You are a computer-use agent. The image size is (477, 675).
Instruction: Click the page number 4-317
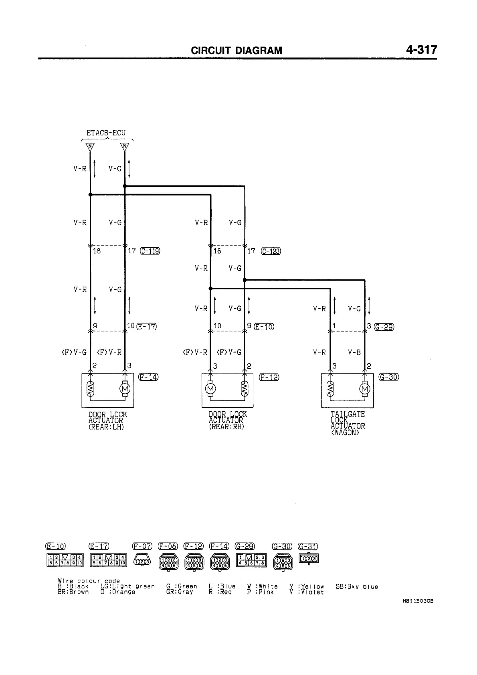(422, 50)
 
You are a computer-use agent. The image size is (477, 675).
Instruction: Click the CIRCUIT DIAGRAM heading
(236, 51)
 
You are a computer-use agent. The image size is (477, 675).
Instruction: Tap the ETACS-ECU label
(106, 133)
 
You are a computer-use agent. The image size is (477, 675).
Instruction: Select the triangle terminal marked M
(90, 147)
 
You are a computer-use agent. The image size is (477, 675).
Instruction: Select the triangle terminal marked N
(125, 147)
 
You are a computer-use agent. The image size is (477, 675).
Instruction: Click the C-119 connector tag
(150, 251)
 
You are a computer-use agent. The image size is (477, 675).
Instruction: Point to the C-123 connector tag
(271, 251)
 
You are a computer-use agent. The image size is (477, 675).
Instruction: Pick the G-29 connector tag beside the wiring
(384, 327)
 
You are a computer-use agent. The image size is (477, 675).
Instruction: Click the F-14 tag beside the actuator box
(148, 377)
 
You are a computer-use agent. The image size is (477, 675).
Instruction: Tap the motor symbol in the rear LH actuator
(125, 389)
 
